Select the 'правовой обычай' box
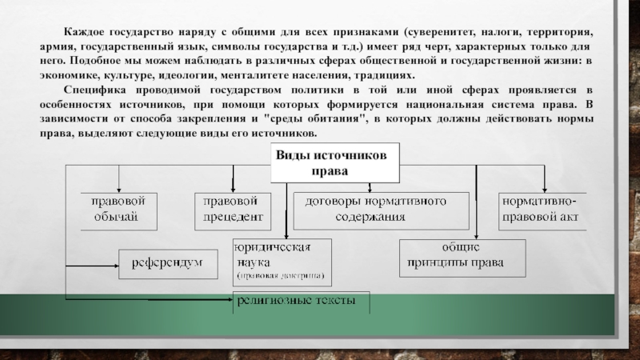(119, 210)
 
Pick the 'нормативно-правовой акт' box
(542, 210)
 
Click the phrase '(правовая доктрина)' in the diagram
(280, 274)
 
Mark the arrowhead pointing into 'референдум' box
(115, 262)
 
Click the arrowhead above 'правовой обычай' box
(119, 188)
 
